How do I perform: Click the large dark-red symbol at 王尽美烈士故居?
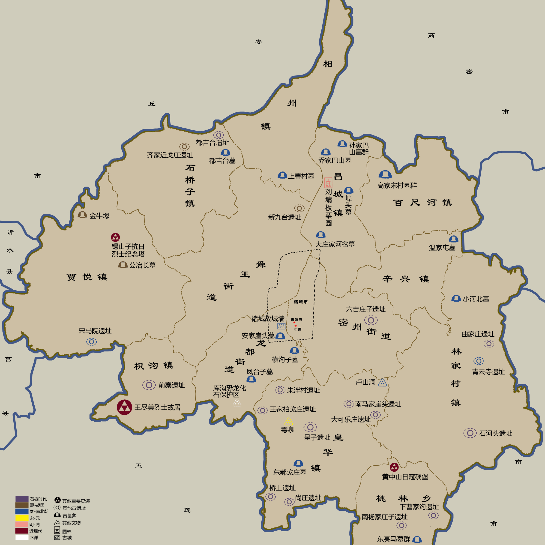124,407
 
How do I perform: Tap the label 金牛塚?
99,216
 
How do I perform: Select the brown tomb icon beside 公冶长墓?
123,265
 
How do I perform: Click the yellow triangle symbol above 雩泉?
288,422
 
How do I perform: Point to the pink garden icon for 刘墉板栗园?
328,183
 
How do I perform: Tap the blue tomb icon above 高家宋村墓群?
385,174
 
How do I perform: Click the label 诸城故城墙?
268,319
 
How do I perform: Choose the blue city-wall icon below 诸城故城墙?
281,326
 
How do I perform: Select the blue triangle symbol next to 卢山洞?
382,383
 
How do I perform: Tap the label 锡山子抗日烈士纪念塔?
128,250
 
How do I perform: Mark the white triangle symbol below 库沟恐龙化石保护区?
237,403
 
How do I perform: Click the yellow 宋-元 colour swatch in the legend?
22,518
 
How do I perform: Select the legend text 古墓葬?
69,516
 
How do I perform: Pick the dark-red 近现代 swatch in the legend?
22,531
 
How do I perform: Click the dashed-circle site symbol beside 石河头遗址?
470,433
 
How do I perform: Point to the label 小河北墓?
476,299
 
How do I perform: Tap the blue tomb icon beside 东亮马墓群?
417,539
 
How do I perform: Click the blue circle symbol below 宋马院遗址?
91,342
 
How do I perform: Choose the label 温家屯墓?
442,248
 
